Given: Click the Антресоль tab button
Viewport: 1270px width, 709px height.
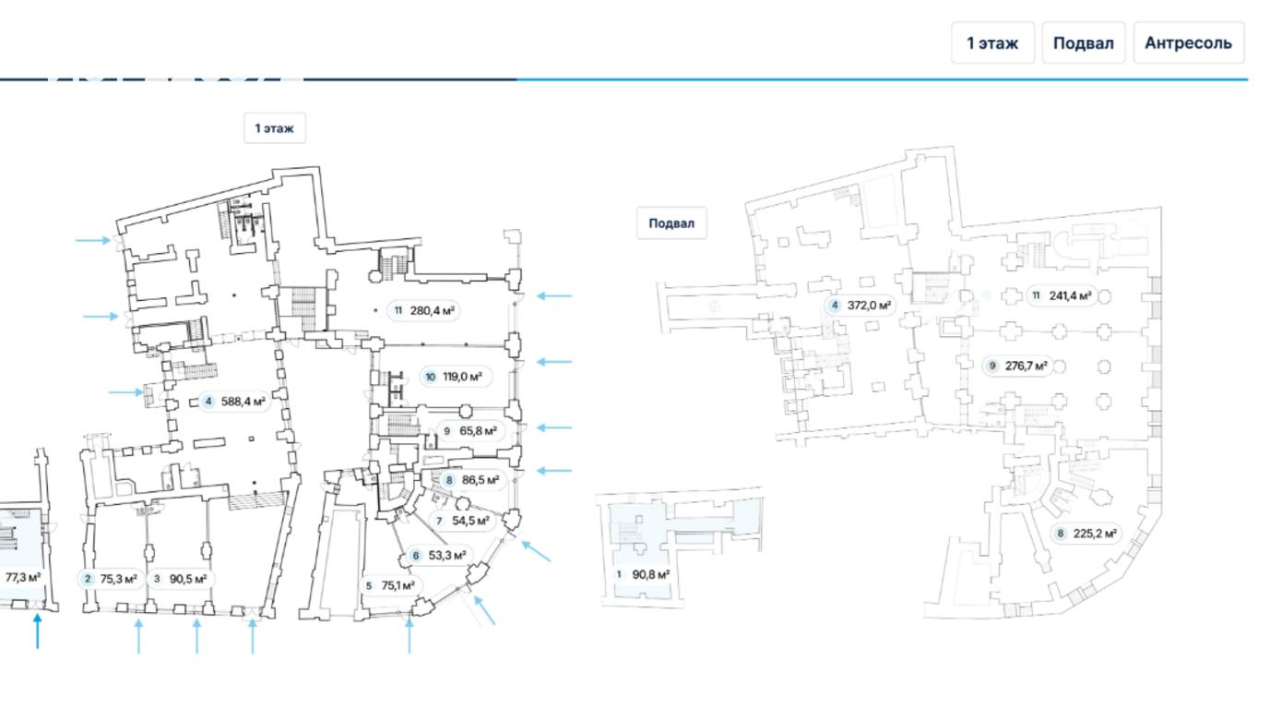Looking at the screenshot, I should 1188,43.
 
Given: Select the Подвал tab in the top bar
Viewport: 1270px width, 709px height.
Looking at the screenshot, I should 1083,43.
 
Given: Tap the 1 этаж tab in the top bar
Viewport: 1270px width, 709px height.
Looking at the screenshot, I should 992,43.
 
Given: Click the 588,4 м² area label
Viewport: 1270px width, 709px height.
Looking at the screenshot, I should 234,402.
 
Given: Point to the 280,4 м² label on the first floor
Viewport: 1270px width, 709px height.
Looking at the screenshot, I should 423,310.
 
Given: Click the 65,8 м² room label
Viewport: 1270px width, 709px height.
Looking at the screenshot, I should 470,431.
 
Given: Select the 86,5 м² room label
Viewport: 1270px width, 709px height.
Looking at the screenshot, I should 471,480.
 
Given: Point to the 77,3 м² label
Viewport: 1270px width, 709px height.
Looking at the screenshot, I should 22,578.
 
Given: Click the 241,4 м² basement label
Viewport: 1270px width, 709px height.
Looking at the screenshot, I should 1062,296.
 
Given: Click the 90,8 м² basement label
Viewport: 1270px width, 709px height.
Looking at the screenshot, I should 642,574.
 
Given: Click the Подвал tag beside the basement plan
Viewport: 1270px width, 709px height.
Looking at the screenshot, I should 671,223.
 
